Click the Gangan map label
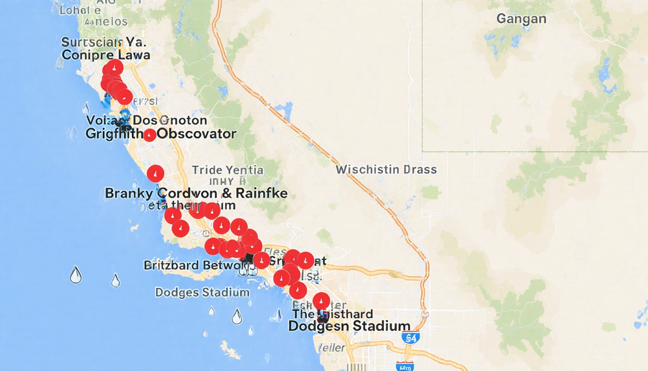pyautogui.click(x=521, y=19)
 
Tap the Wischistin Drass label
pyautogui.click(x=386, y=170)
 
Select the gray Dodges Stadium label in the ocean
pyautogui.click(x=202, y=292)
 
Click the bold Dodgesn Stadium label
pyautogui.click(x=349, y=326)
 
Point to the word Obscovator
pyautogui.click(x=197, y=134)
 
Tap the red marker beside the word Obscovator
pyautogui.click(x=150, y=135)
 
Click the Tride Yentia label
pyautogui.click(x=228, y=170)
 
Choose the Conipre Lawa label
pyautogui.click(x=106, y=55)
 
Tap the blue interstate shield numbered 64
pyautogui.click(x=410, y=338)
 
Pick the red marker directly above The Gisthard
pyautogui.click(x=321, y=301)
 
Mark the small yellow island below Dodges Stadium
pyautogui.click(x=230, y=350)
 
